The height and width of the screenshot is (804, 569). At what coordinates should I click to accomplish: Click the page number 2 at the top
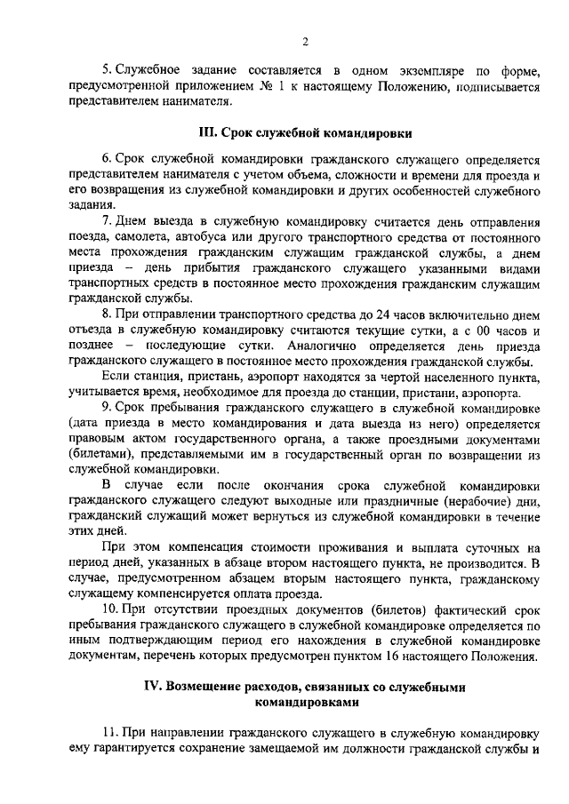click(305, 42)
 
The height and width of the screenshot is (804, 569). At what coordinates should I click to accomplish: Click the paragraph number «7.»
click(108, 219)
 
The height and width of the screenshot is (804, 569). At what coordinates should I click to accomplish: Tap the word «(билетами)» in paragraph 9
click(98, 454)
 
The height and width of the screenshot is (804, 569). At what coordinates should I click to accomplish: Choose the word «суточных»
click(494, 547)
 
